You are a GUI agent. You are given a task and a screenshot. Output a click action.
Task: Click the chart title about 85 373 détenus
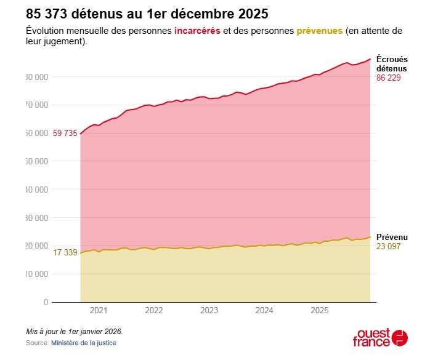147,13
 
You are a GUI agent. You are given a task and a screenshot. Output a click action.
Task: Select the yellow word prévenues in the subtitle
319,31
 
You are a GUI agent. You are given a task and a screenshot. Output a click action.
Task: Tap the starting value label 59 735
65,133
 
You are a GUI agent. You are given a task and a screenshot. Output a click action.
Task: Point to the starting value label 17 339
65,252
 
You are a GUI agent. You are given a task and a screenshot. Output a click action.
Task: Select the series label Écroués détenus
392,64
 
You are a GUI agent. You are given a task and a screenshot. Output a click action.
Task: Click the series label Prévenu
392,237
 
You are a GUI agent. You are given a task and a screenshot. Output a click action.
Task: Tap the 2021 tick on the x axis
99,311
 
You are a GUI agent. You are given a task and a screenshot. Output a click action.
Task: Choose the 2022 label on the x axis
154,311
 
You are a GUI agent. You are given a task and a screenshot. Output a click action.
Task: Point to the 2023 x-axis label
209,311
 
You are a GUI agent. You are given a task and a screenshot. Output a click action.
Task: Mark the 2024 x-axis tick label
264,311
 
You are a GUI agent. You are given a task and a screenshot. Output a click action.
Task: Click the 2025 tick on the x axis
318,311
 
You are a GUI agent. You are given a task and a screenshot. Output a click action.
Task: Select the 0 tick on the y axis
45,302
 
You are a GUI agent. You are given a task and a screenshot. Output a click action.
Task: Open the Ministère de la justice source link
83,343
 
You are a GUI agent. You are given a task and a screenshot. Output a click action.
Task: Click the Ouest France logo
380,337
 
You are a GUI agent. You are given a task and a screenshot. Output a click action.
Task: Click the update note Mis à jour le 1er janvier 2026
74,331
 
